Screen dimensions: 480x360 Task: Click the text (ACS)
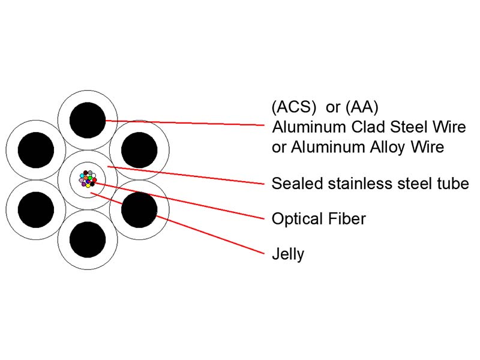point(293,107)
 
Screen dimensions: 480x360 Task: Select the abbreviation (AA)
point(362,107)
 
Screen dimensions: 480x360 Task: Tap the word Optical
point(298,219)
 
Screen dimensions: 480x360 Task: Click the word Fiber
point(347,219)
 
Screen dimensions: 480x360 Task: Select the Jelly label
point(288,254)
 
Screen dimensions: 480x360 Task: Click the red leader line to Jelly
point(177,223)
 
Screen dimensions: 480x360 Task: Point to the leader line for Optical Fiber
point(179,201)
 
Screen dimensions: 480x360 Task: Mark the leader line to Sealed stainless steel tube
point(186,175)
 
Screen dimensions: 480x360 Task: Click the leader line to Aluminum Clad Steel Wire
point(185,123)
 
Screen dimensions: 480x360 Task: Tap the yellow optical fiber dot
point(88,185)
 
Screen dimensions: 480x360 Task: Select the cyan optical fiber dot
point(82,176)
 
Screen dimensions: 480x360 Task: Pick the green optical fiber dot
point(90,178)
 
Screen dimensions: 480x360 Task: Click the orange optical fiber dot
point(86,178)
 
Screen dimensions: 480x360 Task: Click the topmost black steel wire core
point(88,120)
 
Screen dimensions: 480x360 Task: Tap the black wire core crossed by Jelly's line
point(139,209)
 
